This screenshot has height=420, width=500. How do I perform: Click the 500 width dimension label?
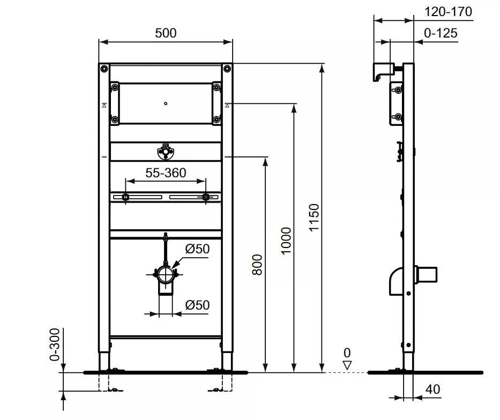166,33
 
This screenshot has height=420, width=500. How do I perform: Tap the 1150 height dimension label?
314,217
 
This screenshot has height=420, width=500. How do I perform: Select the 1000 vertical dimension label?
286,241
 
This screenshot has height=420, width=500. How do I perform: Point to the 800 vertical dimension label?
257,265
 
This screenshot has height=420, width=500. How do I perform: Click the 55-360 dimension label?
166,172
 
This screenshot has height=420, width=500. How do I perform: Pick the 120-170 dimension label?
448,12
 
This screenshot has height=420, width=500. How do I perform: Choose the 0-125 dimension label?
441,33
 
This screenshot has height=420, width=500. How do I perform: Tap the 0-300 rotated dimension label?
55,344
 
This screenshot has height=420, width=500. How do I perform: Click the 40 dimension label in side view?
432,389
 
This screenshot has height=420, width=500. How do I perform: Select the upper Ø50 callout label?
197,249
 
